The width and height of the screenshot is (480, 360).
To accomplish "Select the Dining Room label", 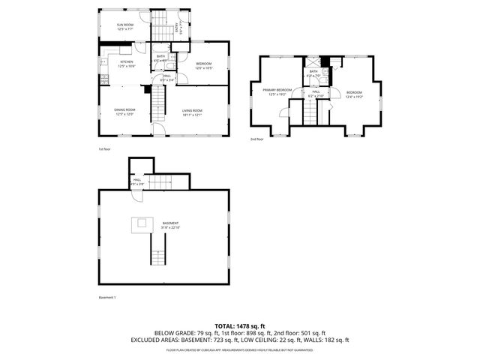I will click(124, 112).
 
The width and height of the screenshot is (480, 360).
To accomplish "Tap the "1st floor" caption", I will click(104, 148).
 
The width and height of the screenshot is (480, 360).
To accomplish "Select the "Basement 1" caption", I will click(107, 298).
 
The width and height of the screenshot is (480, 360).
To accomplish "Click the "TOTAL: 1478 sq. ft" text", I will click(239, 324).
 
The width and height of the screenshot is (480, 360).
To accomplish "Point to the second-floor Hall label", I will click(316, 94).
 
